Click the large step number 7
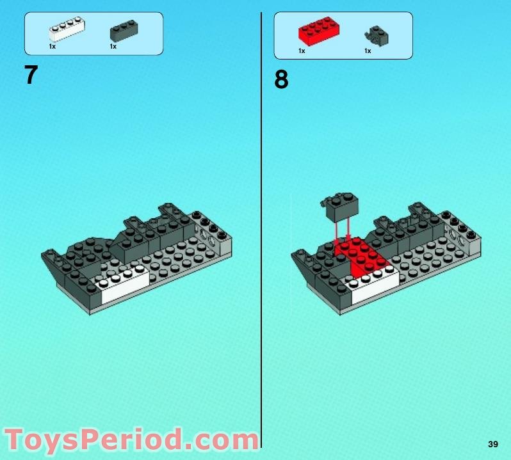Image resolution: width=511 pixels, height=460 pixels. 31,75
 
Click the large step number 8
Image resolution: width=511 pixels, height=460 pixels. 281,81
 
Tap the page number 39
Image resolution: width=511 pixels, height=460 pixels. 492,445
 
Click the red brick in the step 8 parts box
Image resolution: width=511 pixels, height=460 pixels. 318,31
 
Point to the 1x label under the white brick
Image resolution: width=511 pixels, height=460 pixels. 53,47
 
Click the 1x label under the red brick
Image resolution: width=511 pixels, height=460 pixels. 302,51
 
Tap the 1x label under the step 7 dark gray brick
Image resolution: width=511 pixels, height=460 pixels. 113,47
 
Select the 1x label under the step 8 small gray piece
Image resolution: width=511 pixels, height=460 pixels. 368,51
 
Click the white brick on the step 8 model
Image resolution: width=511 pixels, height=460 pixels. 371,281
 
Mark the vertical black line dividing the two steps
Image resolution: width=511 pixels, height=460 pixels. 262,224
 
